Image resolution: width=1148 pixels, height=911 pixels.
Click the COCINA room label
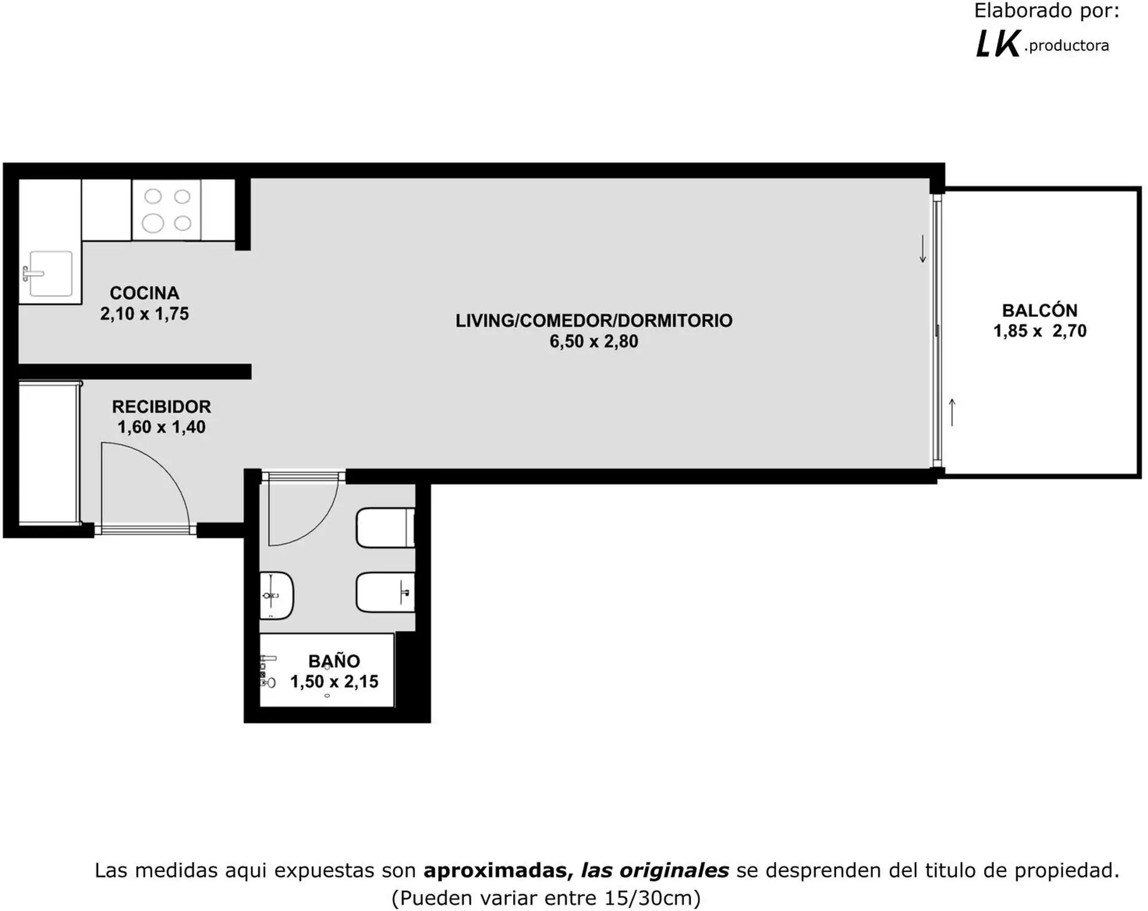pyautogui.click(x=144, y=293)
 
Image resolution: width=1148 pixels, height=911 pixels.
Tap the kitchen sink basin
pyautogui.click(x=51, y=274)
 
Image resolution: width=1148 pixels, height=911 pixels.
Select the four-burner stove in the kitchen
pyautogui.click(x=166, y=210)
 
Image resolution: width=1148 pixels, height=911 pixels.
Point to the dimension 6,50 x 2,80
pyautogui.click(x=594, y=342)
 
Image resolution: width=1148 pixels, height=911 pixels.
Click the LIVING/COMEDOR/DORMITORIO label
pyautogui.click(x=594, y=321)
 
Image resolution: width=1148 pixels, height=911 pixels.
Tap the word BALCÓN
pyautogui.click(x=1040, y=310)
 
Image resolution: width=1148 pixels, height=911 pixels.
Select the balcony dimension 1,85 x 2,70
pyautogui.click(x=1040, y=331)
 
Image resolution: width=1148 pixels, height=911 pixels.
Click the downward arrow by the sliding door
pyautogui.click(x=923, y=249)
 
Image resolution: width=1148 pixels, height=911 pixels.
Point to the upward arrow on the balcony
pyautogui.click(x=952, y=413)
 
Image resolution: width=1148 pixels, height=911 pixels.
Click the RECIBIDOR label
pyautogui.click(x=161, y=407)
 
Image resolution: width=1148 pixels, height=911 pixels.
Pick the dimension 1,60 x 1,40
pyautogui.click(x=161, y=427)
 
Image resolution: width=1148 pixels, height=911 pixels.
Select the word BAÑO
pyautogui.click(x=334, y=661)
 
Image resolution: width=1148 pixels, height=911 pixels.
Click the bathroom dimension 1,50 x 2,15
pyautogui.click(x=334, y=681)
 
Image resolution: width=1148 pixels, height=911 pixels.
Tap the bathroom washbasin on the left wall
pyautogui.click(x=276, y=595)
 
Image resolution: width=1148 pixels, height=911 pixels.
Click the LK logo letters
pyautogui.click(x=997, y=44)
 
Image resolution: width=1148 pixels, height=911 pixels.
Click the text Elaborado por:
pyautogui.click(x=1047, y=11)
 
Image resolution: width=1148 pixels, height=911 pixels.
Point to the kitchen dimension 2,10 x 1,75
pyautogui.click(x=144, y=313)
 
